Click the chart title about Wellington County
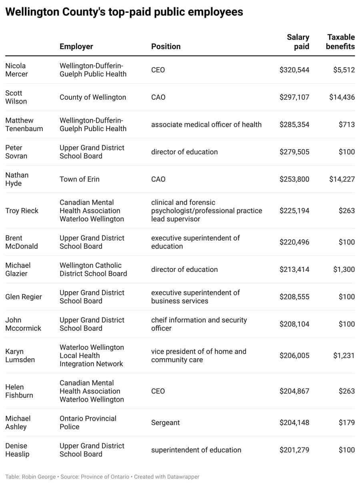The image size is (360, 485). coord(124,12)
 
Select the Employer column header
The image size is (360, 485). coord(76,46)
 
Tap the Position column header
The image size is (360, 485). coord(166,46)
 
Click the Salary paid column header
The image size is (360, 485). coord(298,42)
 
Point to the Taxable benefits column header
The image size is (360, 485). coord(340,42)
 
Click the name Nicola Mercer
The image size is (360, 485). coord(16,70)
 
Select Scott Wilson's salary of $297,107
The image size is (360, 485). coord(294,97)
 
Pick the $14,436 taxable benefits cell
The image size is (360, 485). coord(342,97)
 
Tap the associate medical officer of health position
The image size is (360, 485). coord(206,124)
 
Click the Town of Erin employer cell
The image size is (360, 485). coord(79,179)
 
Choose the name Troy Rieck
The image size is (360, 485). coord(22,211)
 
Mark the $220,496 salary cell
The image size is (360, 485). coord(294,242)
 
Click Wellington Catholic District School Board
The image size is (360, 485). coord(93,269)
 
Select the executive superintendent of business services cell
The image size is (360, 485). coord(195,297)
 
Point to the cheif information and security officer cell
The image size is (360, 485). coord(199,324)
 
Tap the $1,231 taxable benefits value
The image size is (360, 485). coord(344,355)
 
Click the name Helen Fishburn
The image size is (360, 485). coord(19,391)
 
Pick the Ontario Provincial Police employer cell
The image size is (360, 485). coord(88,422)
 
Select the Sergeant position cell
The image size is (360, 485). coord(165,423)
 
